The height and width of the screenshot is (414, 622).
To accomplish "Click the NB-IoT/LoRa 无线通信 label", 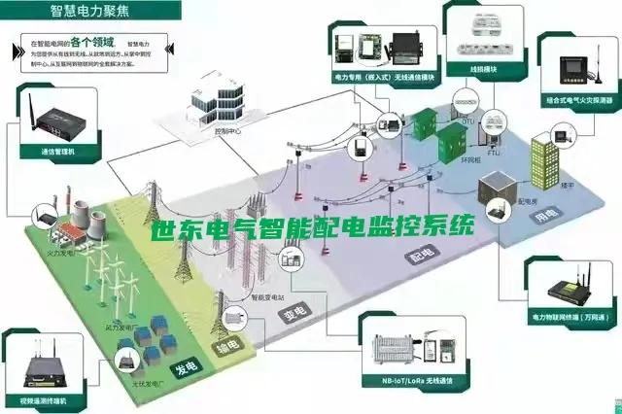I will [x=415, y=382].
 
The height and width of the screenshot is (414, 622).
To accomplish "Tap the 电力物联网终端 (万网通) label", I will [x=569, y=317].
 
